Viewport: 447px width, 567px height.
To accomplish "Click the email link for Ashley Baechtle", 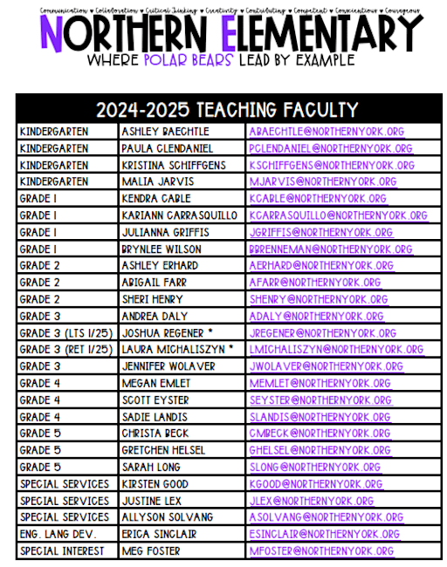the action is [x=326, y=132].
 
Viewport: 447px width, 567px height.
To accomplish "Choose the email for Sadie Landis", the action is [x=319, y=417].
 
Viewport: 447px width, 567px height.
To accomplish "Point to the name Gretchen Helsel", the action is [x=164, y=451].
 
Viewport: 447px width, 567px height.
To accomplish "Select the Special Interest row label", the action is [x=62, y=551].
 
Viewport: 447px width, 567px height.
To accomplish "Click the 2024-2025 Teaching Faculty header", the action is [x=228, y=110].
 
